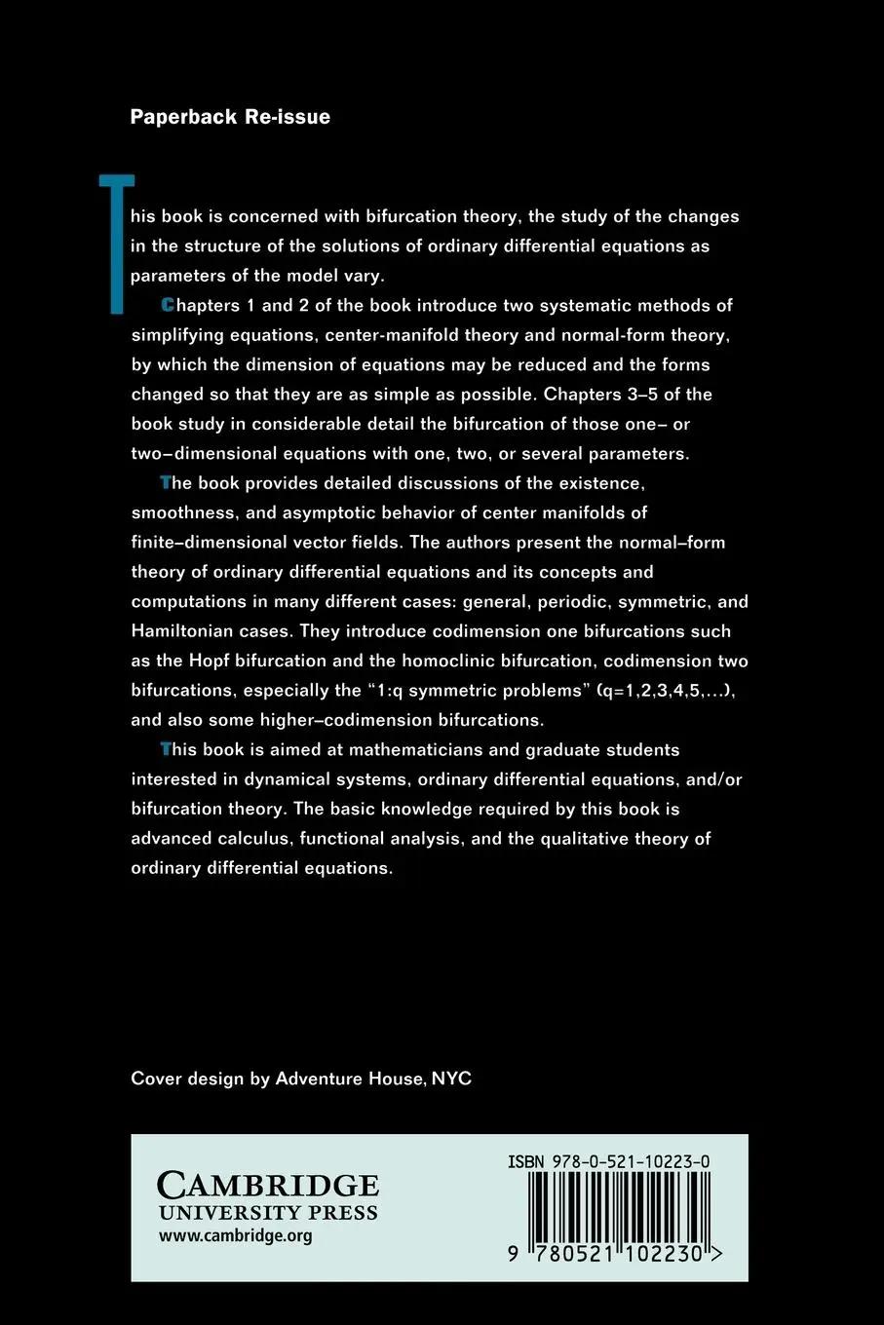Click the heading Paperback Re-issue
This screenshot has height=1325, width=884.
[230, 117]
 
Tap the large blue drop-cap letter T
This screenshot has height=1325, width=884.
[118, 244]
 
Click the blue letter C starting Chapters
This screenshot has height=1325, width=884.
[168, 305]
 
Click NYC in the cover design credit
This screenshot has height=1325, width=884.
[451, 1079]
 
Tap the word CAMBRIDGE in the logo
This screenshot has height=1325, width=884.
[268, 1185]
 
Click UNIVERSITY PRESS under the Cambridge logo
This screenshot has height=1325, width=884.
[268, 1214]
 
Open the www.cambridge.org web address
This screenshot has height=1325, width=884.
[235, 1236]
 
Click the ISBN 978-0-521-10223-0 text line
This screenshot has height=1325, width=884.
[608, 1161]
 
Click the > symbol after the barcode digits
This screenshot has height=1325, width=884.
[716, 1255]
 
